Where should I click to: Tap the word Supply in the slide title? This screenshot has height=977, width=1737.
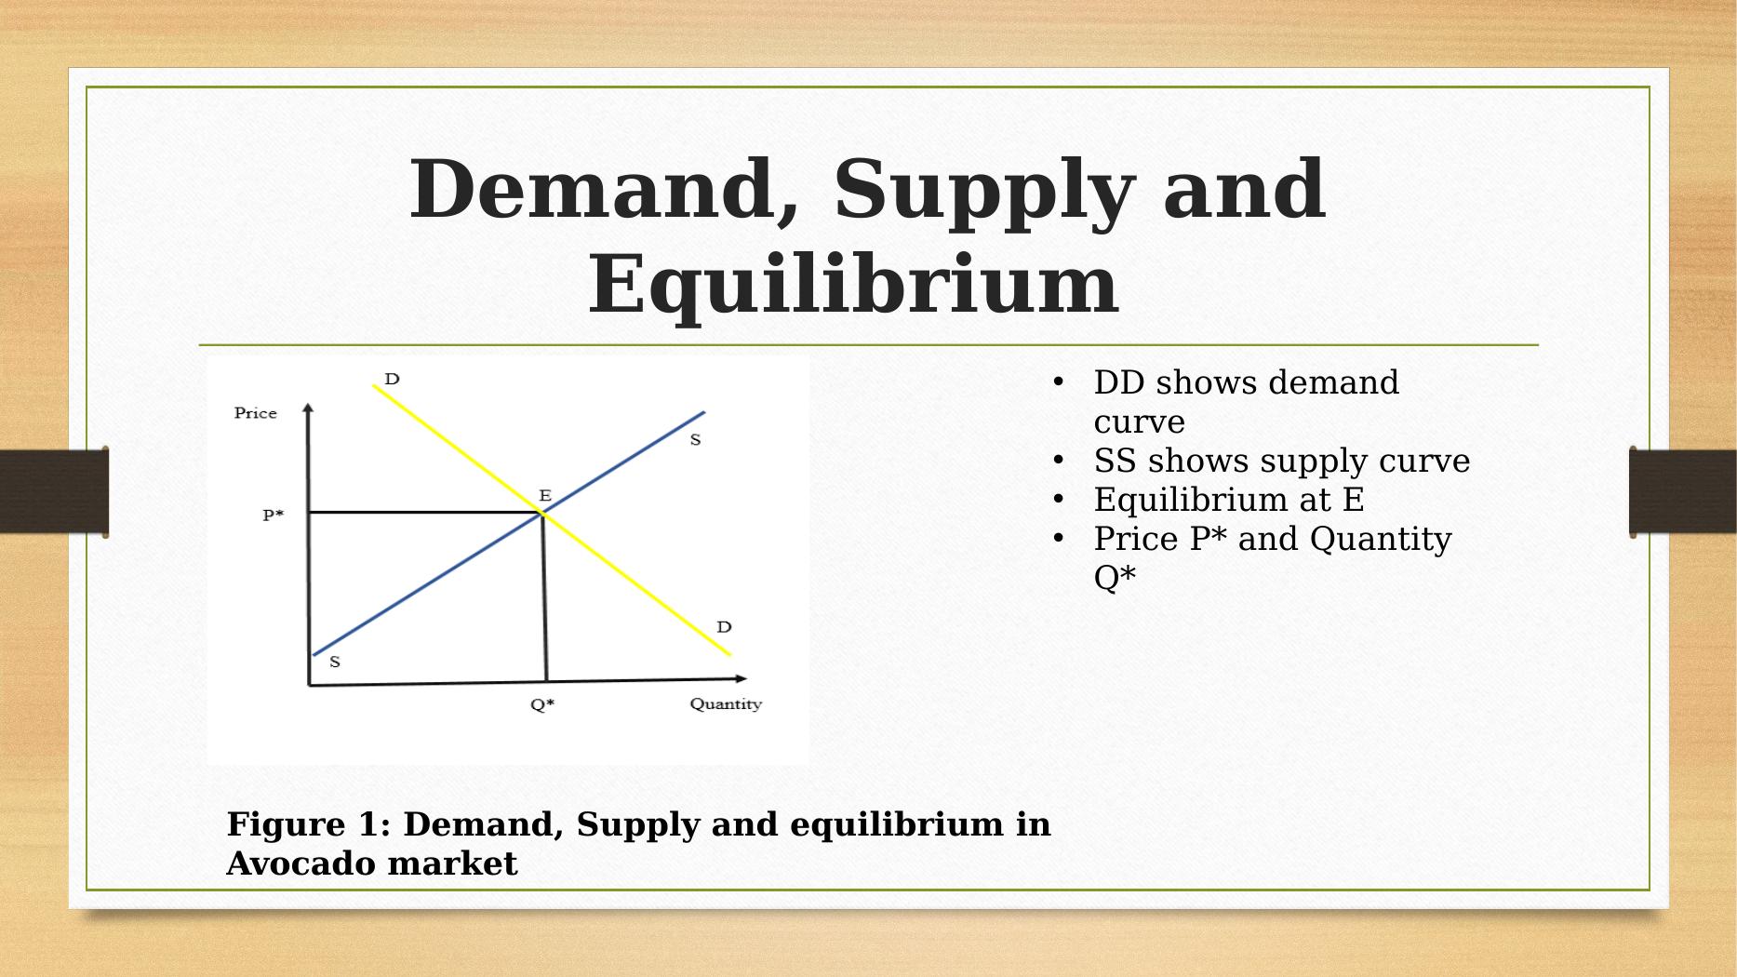click(x=983, y=193)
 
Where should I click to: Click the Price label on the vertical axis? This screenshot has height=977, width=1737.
click(x=255, y=413)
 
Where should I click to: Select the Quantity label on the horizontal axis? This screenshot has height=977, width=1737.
click(x=726, y=704)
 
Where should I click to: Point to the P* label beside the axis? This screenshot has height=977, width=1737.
click(x=273, y=515)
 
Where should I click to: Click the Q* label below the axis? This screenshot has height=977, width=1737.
click(x=542, y=704)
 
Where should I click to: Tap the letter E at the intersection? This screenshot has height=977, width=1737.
click(x=545, y=496)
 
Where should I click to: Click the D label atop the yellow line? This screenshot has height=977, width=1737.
click(x=392, y=379)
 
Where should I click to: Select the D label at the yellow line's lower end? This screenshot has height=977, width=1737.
click(x=724, y=627)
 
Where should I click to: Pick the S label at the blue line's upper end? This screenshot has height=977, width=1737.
click(x=695, y=440)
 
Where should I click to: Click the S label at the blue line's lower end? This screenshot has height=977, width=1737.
click(x=335, y=662)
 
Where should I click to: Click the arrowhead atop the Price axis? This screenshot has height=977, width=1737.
click(x=308, y=407)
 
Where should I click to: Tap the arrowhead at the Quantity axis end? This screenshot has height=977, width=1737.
click(x=741, y=678)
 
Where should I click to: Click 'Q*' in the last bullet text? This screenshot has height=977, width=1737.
click(x=1115, y=578)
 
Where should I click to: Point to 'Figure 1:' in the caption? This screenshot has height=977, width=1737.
click(x=309, y=824)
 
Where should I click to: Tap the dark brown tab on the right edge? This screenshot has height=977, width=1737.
click(x=1682, y=492)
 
